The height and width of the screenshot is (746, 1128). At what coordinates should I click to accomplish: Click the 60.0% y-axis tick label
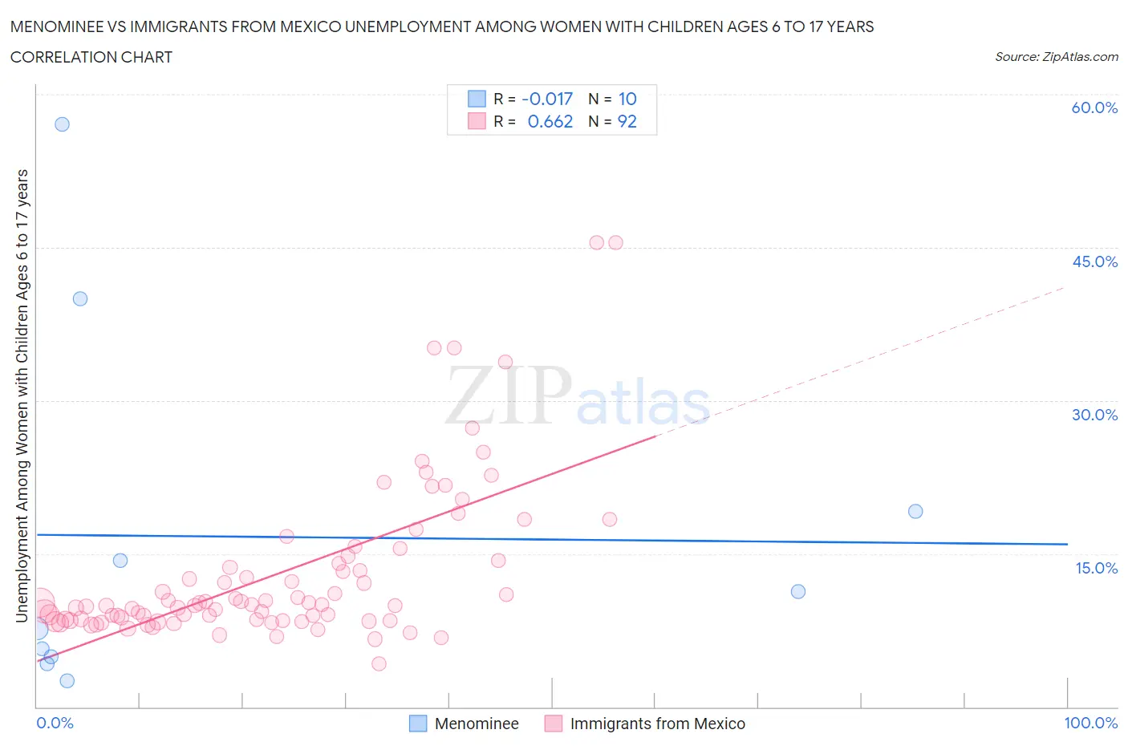tap(1094, 107)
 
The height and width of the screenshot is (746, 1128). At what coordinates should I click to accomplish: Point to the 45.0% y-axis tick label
tap(1094, 262)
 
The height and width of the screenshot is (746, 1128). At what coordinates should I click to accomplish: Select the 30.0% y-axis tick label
tap(1094, 415)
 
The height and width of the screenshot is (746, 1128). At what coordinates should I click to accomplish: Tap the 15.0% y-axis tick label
tap(1096, 568)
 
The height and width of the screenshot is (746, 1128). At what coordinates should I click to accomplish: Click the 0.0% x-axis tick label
tap(55, 723)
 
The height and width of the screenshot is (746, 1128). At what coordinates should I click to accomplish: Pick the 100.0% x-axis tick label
tap(1090, 723)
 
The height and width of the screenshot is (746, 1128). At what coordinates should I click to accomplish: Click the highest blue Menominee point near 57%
tap(62, 124)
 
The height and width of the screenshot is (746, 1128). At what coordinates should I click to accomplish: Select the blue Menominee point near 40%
tap(80, 298)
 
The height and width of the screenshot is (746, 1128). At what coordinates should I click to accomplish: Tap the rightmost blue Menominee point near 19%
tap(915, 511)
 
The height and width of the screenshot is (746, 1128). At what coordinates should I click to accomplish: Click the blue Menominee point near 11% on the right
tap(798, 591)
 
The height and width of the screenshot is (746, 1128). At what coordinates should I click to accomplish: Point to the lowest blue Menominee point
tap(67, 680)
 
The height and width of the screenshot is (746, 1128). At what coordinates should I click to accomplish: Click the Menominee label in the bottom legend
tap(477, 724)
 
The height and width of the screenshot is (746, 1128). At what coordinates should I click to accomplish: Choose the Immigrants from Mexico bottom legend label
tap(657, 724)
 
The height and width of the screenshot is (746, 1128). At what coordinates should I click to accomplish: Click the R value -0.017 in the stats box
tap(547, 99)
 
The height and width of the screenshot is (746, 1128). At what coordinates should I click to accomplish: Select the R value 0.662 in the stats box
tap(550, 121)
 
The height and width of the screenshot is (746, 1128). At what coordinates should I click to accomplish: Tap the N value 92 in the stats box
tap(627, 121)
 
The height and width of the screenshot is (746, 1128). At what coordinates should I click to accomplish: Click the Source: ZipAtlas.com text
tap(1056, 57)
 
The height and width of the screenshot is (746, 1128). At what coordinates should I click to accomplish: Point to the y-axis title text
tap(22, 395)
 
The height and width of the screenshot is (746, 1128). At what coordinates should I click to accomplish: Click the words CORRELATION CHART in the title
tap(91, 57)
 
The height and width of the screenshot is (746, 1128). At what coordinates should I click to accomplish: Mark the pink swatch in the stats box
tap(477, 121)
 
